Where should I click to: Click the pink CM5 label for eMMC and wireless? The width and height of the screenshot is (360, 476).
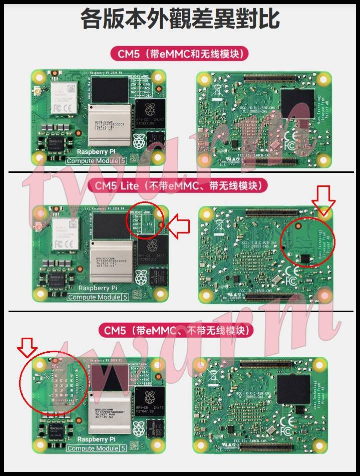(x=180, y=54)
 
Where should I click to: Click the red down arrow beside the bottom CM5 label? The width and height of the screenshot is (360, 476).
(x=27, y=348)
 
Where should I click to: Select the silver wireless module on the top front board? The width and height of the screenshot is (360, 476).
(x=65, y=97)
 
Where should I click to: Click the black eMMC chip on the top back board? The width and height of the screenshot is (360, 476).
(x=298, y=104)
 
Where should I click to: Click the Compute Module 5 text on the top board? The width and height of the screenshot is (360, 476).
(x=96, y=161)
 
